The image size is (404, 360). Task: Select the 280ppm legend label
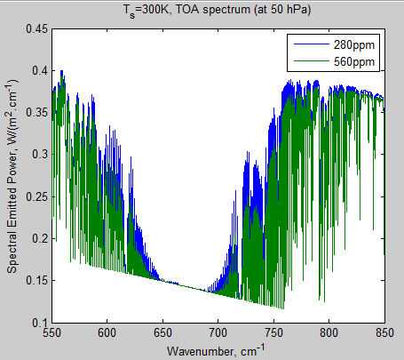point(356,44)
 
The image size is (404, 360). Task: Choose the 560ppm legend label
point(356,61)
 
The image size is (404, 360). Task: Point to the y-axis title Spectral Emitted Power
point(12,175)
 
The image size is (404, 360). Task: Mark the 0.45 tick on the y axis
point(35,28)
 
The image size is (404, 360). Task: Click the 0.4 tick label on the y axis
point(38,70)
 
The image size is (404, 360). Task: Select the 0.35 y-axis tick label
point(35,112)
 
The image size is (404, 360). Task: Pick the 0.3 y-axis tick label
point(38,154)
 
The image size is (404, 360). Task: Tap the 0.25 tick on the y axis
point(35,196)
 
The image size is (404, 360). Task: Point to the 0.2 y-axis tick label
point(38,238)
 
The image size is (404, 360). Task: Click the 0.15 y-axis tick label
point(35,280)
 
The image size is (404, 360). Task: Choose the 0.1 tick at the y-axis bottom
point(38,322)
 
